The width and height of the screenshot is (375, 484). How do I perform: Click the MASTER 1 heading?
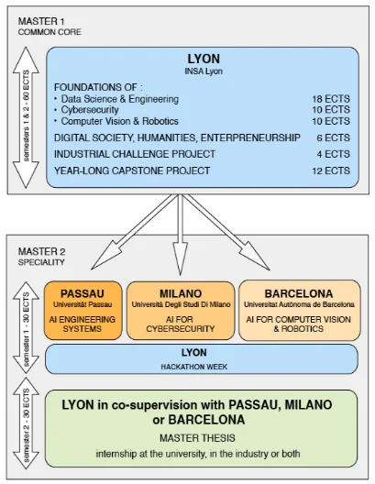pyautogui.click(x=41, y=21)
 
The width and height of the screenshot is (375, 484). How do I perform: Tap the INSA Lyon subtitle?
pyautogui.click(x=204, y=71)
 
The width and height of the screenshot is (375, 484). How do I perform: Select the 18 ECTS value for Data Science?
pyautogui.click(x=331, y=99)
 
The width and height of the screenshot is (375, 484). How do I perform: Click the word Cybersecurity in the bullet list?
pyautogui.click(x=90, y=110)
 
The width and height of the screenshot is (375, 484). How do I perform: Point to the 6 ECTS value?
pyautogui.click(x=334, y=137)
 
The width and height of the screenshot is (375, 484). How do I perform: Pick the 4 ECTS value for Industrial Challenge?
pyautogui.click(x=334, y=154)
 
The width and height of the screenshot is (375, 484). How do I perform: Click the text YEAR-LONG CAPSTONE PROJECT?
pyautogui.click(x=132, y=170)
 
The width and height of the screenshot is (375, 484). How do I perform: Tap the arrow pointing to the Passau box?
pyautogui.click(x=134, y=232)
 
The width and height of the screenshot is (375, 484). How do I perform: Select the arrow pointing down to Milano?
pyautogui.click(x=180, y=235)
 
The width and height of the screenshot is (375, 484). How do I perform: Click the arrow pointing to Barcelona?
pyautogui.click(x=226, y=232)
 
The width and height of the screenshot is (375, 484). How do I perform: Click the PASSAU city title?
pyautogui.click(x=83, y=293)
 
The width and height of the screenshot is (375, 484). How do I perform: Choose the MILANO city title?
pyautogui.click(x=181, y=293)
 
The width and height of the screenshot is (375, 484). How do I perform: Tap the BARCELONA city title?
pyautogui.click(x=299, y=293)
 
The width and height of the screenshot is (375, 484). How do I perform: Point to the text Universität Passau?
pyautogui.click(x=83, y=304)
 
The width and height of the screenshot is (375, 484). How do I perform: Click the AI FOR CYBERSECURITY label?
pyautogui.click(x=181, y=324)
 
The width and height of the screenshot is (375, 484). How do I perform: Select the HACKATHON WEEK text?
pyautogui.click(x=194, y=367)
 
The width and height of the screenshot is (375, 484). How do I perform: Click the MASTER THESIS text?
pyautogui.click(x=197, y=438)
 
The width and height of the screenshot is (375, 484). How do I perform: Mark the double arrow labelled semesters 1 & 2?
pyautogui.click(x=26, y=117)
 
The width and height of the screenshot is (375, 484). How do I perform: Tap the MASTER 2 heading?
pyautogui.click(x=41, y=251)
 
